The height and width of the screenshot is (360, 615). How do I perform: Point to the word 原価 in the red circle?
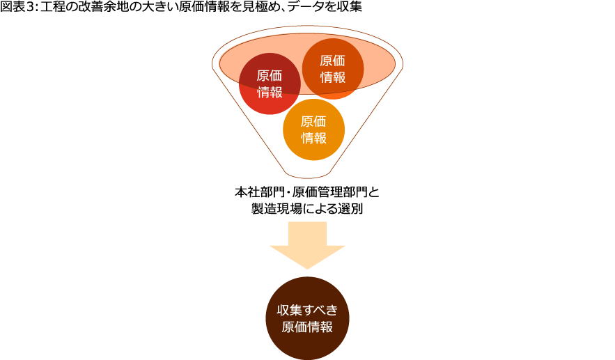tap(270, 76)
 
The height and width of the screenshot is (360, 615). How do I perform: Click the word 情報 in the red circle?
tap(270, 92)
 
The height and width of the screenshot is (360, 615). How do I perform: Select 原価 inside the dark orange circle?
tap(333, 61)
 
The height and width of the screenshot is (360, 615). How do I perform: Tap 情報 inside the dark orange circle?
tap(333, 77)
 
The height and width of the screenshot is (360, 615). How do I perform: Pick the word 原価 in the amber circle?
tap(313, 121)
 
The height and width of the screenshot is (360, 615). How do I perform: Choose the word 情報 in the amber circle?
tap(313, 137)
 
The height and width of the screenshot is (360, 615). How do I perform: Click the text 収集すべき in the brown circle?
tap(307, 311)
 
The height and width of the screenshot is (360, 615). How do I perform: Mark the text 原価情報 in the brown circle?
tap(307, 327)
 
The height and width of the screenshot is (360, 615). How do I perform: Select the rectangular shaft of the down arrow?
tap(307, 233)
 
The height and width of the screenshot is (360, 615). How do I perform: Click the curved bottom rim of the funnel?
tap(307, 178)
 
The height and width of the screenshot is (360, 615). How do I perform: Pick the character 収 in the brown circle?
tap(283, 311)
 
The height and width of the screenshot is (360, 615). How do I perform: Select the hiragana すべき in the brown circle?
tap(321, 311)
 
